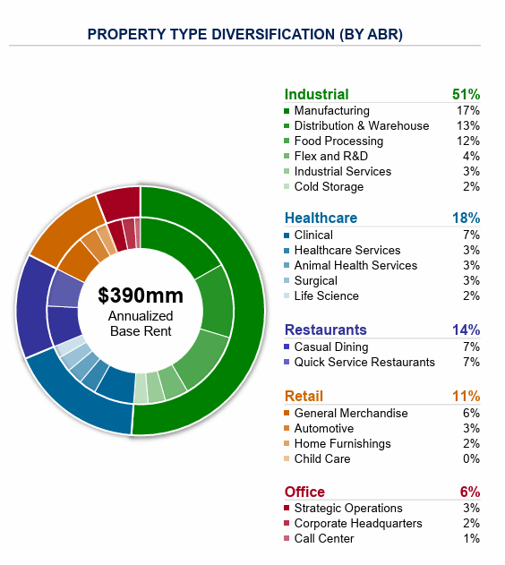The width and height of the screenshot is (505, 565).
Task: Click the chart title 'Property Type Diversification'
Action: pyautogui.click(x=244, y=34)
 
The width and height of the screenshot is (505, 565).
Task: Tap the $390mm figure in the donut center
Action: pyautogui.click(x=141, y=295)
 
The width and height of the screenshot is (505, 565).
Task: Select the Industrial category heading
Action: pyautogui.click(x=316, y=94)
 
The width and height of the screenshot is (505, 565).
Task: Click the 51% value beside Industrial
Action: pyautogui.click(x=466, y=94)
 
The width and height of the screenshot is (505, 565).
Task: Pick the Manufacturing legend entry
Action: pyautogui.click(x=331, y=111)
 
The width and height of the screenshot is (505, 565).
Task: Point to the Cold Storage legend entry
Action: pyautogui.click(x=329, y=187)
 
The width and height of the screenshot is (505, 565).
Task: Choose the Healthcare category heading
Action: pyautogui.click(x=321, y=218)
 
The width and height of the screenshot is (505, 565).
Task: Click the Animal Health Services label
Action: pyautogui.click(x=355, y=266)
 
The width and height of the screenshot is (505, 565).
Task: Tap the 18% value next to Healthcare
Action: pyautogui.click(x=466, y=218)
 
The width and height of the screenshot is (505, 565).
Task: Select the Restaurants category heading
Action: pyautogui.click(x=325, y=330)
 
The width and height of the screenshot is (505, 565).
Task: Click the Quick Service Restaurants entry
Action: pyautogui.click(x=364, y=363)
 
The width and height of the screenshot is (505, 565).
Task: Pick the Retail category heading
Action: pyautogui.click(x=304, y=396)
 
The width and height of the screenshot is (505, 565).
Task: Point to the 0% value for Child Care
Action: pyautogui.click(x=471, y=459)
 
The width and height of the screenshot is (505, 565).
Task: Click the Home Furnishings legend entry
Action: pyautogui.click(x=342, y=444)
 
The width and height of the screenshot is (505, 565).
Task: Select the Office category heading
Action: pyautogui.click(x=304, y=492)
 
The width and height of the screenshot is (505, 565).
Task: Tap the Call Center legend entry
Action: pyautogui.click(x=324, y=539)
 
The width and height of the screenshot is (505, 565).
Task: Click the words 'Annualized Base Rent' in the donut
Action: pyautogui.click(x=141, y=324)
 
